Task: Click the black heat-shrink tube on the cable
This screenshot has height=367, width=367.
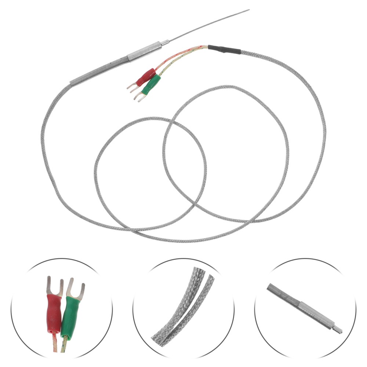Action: click(225, 49)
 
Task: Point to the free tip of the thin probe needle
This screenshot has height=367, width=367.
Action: click(248, 10)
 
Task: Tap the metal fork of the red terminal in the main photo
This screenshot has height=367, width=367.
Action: click(131, 87)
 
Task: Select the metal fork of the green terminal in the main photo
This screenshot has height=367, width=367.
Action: click(138, 97)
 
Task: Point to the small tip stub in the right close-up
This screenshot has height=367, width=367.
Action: click(337, 329)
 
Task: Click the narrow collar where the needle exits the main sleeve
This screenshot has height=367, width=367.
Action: click(165, 43)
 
